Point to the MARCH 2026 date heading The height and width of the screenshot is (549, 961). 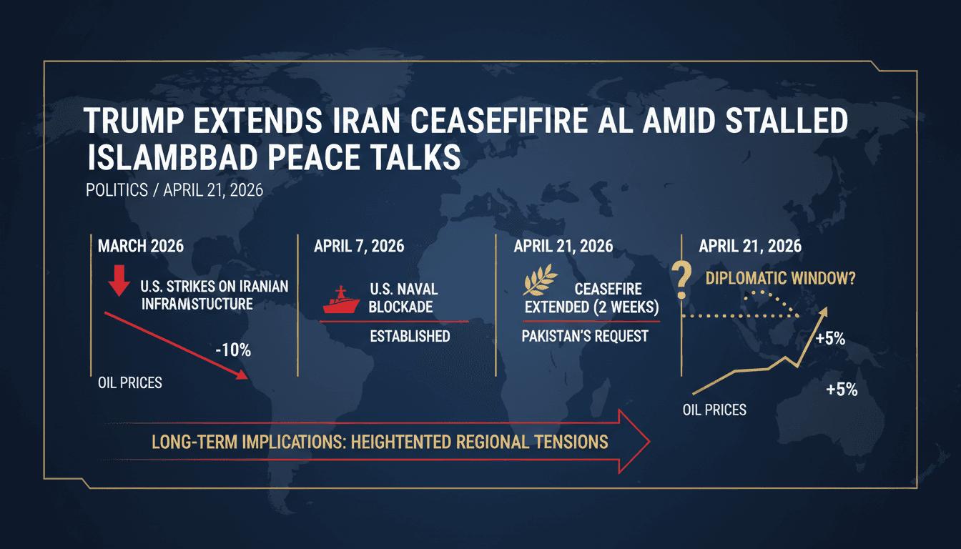coord(141,246)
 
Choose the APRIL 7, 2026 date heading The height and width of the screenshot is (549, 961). coord(359,246)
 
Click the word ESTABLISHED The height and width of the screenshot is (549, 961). coord(410,336)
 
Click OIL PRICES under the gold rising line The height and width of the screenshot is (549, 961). coord(715,410)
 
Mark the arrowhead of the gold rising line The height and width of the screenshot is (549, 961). coord(825,312)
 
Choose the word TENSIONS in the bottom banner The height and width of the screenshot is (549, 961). coord(571,441)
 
